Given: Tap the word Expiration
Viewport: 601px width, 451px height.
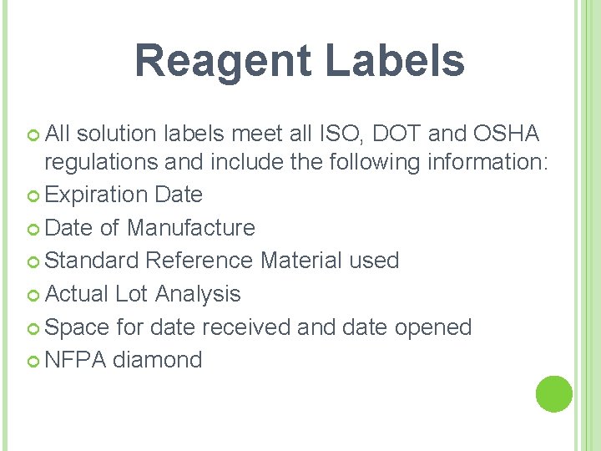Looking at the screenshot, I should pos(97,195).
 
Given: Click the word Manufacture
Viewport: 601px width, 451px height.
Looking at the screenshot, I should pos(191,227).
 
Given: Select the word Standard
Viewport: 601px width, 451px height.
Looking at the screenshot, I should pos(92,261).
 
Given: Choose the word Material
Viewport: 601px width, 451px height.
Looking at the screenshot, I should pos(301,261).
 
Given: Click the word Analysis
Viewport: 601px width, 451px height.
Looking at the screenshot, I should pos(198,294).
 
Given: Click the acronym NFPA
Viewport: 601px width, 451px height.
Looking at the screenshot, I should pos(75,360).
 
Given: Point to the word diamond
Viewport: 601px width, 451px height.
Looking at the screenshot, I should pos(158,360).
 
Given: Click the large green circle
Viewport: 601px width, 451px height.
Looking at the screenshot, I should pos(553,393).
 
